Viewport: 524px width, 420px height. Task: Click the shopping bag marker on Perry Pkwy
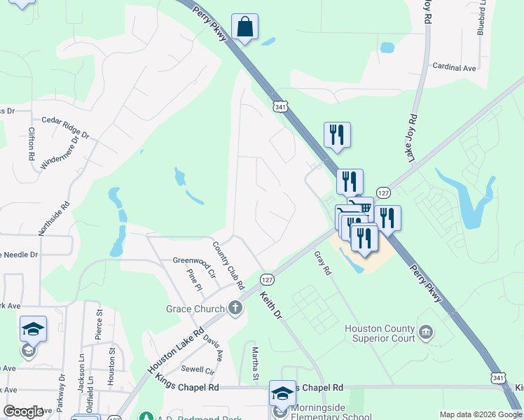coord(244,28)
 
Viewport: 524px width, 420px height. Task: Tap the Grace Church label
coord(193,309)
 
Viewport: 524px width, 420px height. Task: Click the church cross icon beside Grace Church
coord(235,308)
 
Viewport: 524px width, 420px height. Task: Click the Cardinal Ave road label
coord(454,68)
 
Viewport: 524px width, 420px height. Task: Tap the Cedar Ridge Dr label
coord(65,126)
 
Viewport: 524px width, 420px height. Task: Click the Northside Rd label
coord(54,218)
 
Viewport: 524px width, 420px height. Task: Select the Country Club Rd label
coord(228,265)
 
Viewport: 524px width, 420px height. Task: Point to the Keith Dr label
coord(270,307)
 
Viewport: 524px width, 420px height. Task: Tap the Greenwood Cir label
coord(191,260)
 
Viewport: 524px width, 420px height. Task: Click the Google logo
coord(23,412)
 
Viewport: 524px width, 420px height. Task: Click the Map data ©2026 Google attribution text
coord(480,414)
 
